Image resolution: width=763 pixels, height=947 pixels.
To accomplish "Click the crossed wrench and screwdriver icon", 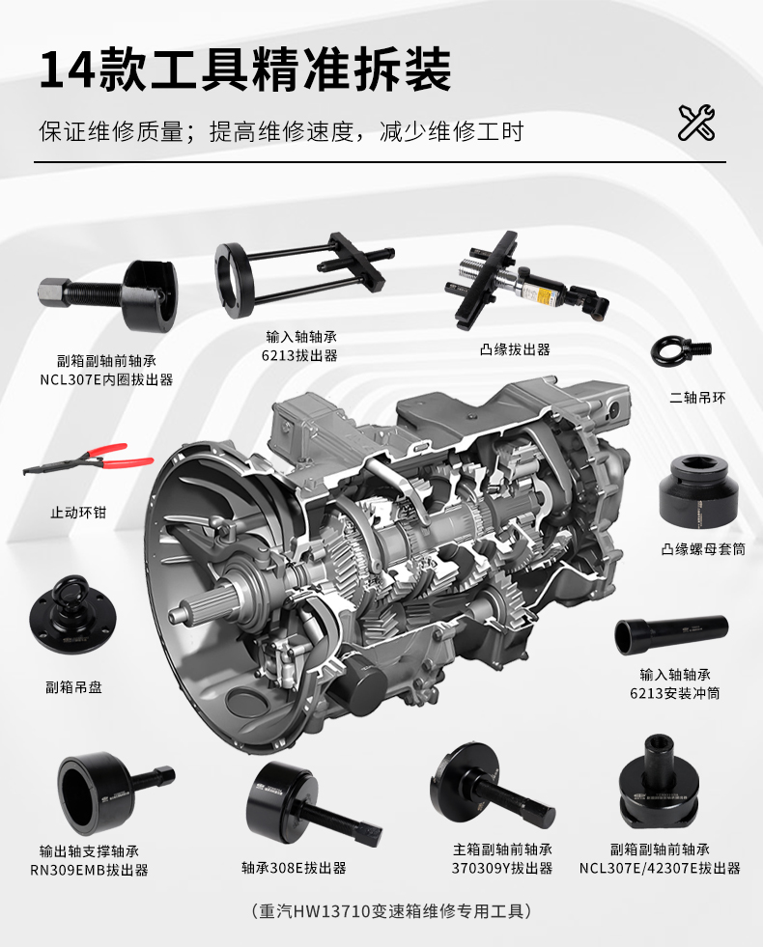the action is (696, 123).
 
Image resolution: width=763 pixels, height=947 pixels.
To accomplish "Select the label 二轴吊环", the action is (696, 398).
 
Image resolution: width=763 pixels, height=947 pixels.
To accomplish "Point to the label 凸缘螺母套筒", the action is (703, 549).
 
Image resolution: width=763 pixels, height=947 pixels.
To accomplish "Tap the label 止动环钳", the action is (78, 513).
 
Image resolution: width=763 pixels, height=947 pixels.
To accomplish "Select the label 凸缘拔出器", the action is (515, 349).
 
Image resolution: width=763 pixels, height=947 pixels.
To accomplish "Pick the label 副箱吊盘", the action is (73, 687).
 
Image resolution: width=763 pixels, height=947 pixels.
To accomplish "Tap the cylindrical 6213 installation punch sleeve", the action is (671, 635).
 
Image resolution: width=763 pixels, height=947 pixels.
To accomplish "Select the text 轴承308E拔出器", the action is (294, 868).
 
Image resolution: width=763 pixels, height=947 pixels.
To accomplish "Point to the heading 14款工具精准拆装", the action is (245, 70).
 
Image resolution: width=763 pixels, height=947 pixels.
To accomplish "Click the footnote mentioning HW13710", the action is (391, 910).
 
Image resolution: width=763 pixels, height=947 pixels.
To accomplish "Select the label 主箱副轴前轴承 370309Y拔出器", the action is (502, 859).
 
